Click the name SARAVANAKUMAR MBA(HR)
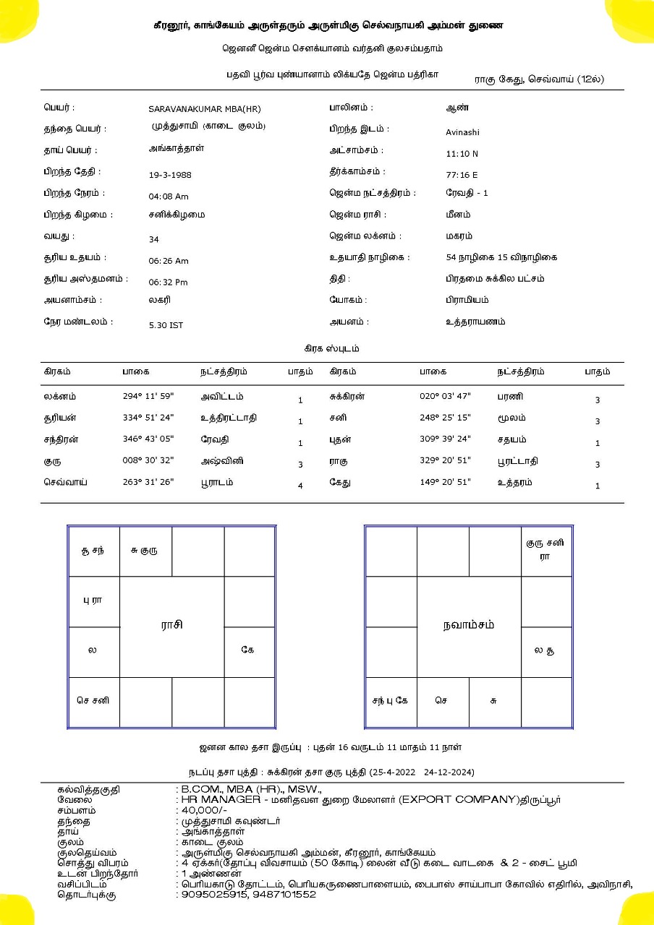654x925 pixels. point(204,109)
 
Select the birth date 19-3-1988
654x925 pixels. point(170,175)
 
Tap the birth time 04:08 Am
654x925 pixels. point(169,197)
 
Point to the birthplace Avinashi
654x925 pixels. point(462,132)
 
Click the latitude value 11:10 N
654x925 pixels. point(462,154)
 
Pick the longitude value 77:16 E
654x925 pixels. point(462,175)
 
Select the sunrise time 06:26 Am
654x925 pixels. point(169,261)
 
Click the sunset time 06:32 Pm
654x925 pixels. point(169,283)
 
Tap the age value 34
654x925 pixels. point(153,240)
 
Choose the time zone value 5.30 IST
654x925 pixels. point(166,325)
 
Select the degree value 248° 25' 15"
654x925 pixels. point(445,418)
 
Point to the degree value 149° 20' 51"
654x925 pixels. point(445,483)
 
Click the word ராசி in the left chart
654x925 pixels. point(171,625)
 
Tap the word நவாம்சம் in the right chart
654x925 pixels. point(469,625)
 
